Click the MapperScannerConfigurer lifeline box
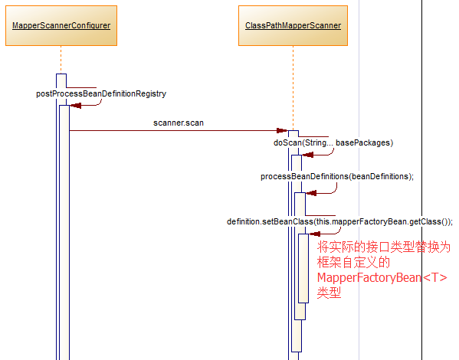coord(61,26)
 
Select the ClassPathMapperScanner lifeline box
coord(293,26)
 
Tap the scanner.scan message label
coord(179,122)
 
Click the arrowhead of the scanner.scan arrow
coord(282,131)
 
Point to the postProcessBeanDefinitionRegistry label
coord(101,93)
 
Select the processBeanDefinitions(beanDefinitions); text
coord(337,176)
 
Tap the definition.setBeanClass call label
coord(339,221)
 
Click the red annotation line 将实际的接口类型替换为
coord(384,247)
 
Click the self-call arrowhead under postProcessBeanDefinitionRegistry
coord(75,106)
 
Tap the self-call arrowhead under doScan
coord(307,154)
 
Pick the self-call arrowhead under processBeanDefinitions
coord(311,192)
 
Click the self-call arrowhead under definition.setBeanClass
coord(313,233)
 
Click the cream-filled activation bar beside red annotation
coord(303,268)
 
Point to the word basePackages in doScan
coord(364,142)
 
